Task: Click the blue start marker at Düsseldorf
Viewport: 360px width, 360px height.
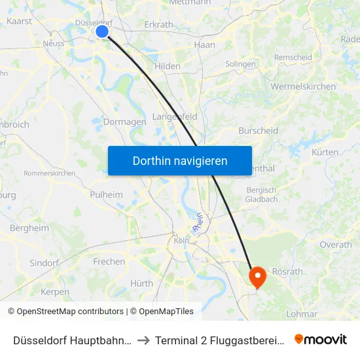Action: pyautogui.click(x=102, y=31)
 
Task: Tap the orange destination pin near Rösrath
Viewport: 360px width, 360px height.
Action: pyautogui.click(x=257, y=276)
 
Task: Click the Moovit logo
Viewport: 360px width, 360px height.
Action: pyautogui.click(x=321, y=339)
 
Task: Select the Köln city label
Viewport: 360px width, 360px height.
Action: pyautogui.click(x=181, y=240)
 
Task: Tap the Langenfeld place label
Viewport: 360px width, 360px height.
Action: pyautogui.click(x=175, y=117)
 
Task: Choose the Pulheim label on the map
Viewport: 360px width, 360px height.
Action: pyautogui.click(x=106, y=194)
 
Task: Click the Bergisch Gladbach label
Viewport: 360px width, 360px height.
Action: pyautogui.click(x=262, y=194)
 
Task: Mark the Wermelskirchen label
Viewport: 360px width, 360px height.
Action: pyautogui.click(x=303, y=86)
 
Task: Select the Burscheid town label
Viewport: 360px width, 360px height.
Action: pyautogui.click(x=258, y=130)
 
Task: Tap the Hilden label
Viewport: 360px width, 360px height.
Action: pyautogui.click(x=168, y=67)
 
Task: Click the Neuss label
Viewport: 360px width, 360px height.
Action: pyautogui.click(x=53, y=43)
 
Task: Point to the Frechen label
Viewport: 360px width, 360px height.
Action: pyautogui.click(x=109, y=261)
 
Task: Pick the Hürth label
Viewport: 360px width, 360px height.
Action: pyautogui.click(x=141, y=283)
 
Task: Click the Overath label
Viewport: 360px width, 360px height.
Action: pyautogui.click(x=336, y=244)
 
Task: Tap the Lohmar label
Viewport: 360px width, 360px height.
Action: pyautogui.click(x=302, y=314)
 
